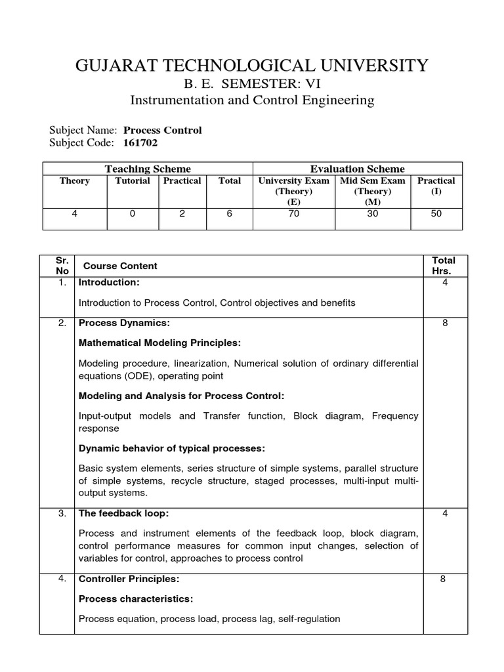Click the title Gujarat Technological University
click(252, 66)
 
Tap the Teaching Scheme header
click(148, 169)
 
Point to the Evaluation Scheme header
click(358, 169)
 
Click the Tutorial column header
click(133, 180)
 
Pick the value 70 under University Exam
click(294, 214)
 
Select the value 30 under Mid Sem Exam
click(373, 214)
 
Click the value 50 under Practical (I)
click(436, 214)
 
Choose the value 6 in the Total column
click(230, 214)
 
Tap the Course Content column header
click(118, 266)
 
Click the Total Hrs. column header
click(444, 266)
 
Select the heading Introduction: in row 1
click(109, 282)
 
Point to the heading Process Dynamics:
click(124, 324)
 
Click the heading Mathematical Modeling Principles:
click(159, 343)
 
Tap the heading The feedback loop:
click(119, 513)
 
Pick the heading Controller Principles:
click(129, 579)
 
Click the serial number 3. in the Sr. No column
click(62, 513)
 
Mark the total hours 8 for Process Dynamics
click(445, 324)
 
